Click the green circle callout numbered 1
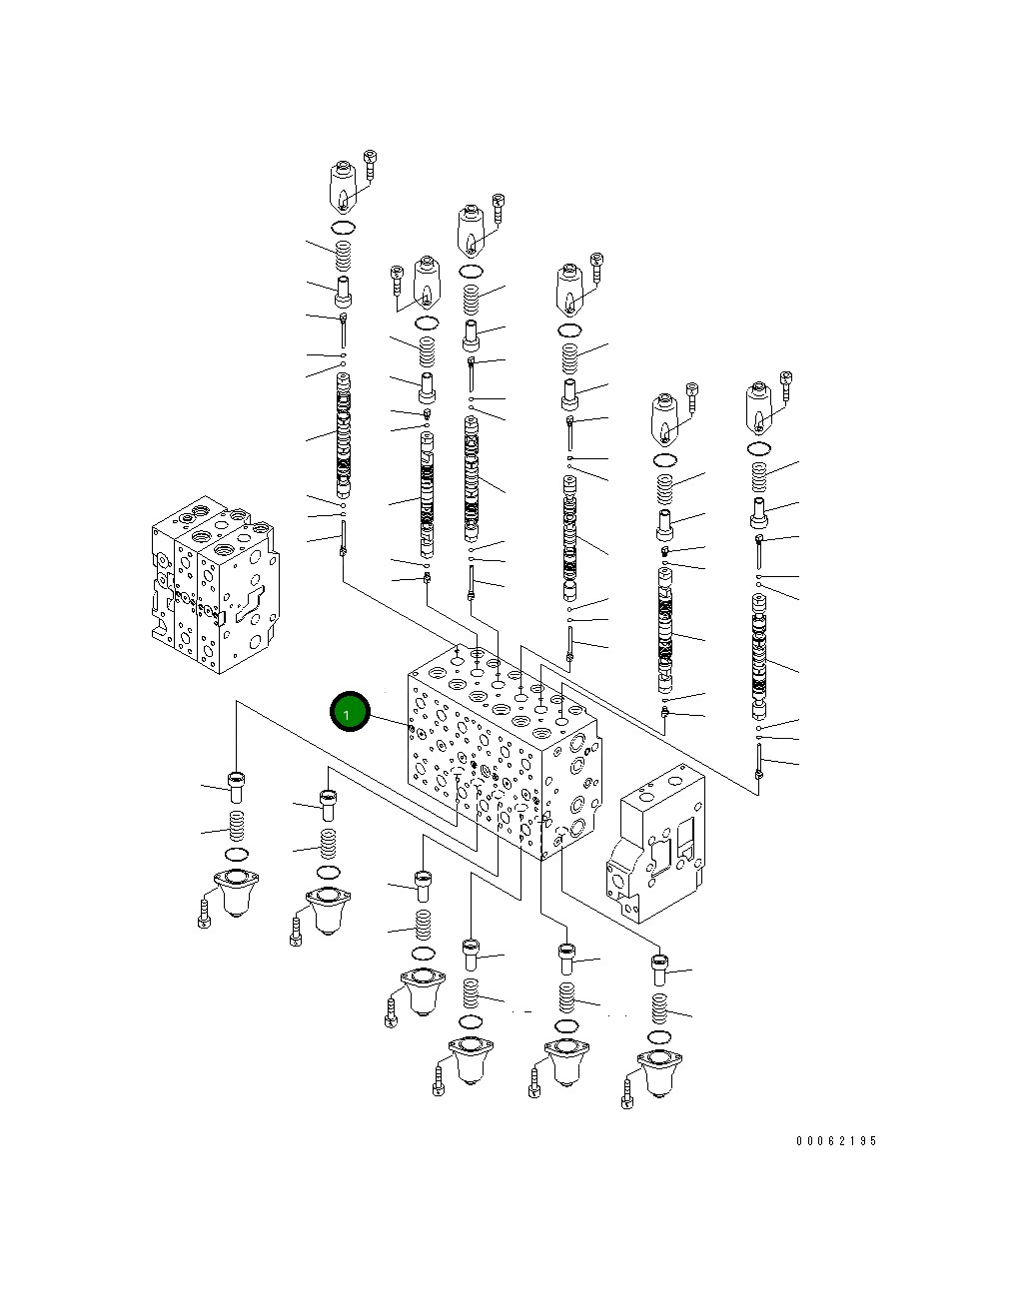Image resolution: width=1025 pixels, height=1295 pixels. pyautogui.click(x=350, y=712)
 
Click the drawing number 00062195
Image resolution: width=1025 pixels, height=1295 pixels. pyautogui.click(x=835, y=1140)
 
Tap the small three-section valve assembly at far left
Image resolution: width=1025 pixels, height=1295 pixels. pyautogui.click(x=211, y=585)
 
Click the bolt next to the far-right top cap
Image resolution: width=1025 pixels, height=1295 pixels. pyautogui.click(x=786, y=385)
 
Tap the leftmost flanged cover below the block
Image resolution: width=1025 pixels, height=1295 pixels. pyautogui.click(x=235, y=892)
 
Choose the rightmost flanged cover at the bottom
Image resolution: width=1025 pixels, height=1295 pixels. pyautogui.click(x=658, y=1073)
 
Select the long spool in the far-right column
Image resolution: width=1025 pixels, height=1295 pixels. pyautogui.click(x=760, y=657)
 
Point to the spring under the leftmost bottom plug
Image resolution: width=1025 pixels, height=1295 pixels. pyautogui.click(x=237, y=827)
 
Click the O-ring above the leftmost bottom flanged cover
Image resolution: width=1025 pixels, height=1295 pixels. pyautogui.click(x=237, y=855)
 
